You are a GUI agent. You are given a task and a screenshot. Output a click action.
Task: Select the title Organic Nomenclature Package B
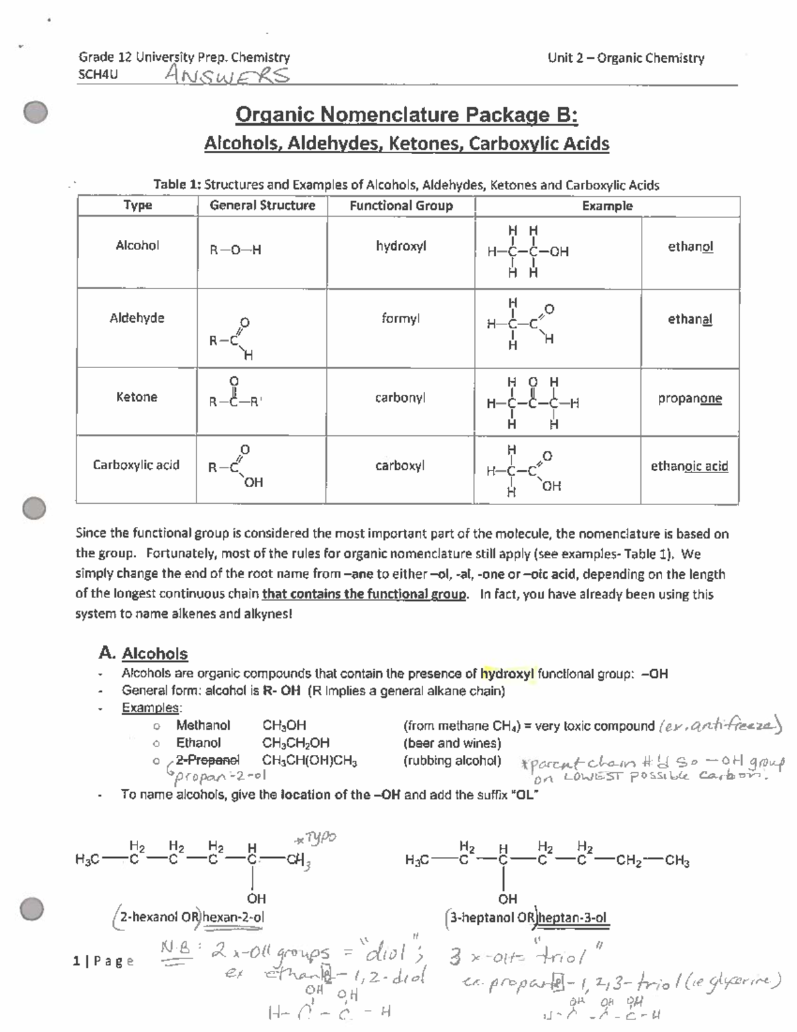click(x=406, y=115)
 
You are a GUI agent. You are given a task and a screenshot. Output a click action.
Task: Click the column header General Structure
click(x=262, y=206)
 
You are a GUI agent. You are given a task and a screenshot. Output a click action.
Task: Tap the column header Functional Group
click(x=401, y=206)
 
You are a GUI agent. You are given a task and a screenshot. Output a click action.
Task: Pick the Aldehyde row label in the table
click(x=137, y=318)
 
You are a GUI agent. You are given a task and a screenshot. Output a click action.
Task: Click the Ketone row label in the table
click(x=137, y=397)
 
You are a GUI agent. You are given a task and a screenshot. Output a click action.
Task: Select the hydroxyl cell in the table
click(x=400, y=246)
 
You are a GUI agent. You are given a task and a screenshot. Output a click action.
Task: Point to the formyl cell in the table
click(x=400, y=319)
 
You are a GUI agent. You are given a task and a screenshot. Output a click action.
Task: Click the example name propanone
click(x=689, y=399)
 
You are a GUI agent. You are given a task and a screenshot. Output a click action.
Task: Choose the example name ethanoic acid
click(x=689, y=466)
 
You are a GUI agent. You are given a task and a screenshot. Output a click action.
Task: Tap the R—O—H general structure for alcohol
click(x=236, y=251)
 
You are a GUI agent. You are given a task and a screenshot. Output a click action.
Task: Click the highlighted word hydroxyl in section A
click(x=507, y=674)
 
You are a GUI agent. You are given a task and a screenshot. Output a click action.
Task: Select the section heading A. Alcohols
click(x=143, y=654)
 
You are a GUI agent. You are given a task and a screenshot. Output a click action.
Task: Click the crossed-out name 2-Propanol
click(x=208, y=760)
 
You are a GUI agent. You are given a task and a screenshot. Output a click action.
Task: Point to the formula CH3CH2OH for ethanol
click(x=296, y=743)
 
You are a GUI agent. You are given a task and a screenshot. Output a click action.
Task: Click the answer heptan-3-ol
click(x=573, y=918)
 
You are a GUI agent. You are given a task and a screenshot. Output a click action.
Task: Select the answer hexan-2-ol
click(x=233, y=917)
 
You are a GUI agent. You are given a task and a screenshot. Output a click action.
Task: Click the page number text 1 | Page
click(x=104, y=961)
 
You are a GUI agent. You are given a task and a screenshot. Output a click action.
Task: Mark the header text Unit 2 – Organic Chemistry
click(x=626, y=58)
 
